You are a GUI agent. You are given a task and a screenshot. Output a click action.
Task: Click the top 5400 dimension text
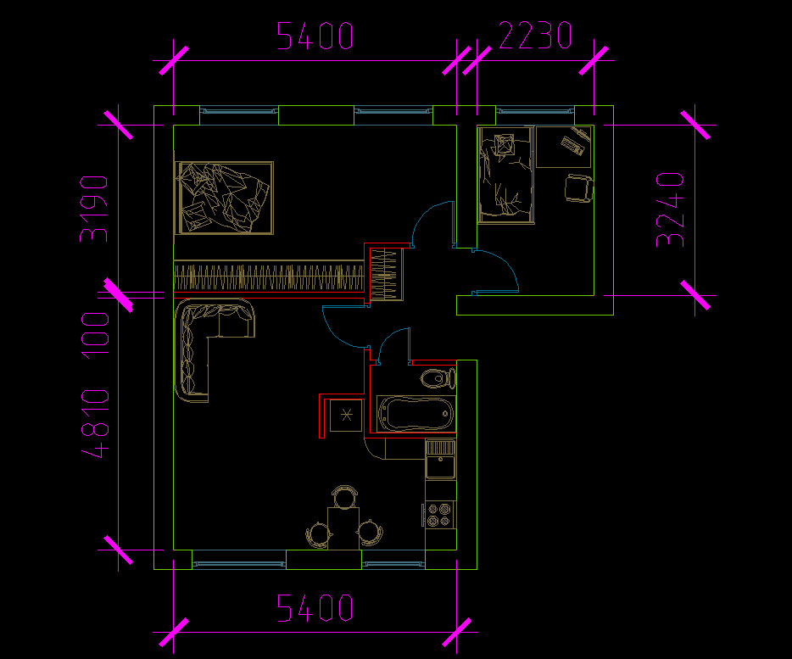point(315,36)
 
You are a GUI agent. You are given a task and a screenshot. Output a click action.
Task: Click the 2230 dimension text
point(535,35)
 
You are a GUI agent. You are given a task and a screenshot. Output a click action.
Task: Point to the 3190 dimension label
point(94,209)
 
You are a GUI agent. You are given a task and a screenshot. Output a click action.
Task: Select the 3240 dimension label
point(670,209)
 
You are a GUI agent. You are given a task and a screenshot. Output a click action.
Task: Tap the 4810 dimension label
point(95,423)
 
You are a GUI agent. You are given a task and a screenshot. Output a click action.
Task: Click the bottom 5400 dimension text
point(315,607)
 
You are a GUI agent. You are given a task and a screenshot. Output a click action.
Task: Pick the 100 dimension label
point(95,336)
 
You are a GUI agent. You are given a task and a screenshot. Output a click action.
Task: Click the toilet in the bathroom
point(438,378)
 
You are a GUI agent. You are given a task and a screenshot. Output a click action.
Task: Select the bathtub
point(416,414)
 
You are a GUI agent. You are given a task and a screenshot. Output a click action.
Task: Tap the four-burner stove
point(439,515)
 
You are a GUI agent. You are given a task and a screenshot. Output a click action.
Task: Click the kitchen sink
point(440,459)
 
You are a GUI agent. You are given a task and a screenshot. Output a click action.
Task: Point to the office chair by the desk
point(579,188)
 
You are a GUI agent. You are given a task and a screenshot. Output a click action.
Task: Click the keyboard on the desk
point(572,145)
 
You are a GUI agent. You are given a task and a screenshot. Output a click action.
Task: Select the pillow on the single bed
point(504,145)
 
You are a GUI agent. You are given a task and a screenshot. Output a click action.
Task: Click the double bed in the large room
point(224,198)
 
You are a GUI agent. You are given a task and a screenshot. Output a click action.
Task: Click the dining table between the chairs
point(343,528)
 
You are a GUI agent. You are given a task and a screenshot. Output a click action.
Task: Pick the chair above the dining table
point(344,496)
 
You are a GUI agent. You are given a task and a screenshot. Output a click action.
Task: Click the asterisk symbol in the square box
point(346,416)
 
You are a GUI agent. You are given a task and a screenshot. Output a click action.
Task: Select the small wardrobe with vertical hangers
point(387,275)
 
